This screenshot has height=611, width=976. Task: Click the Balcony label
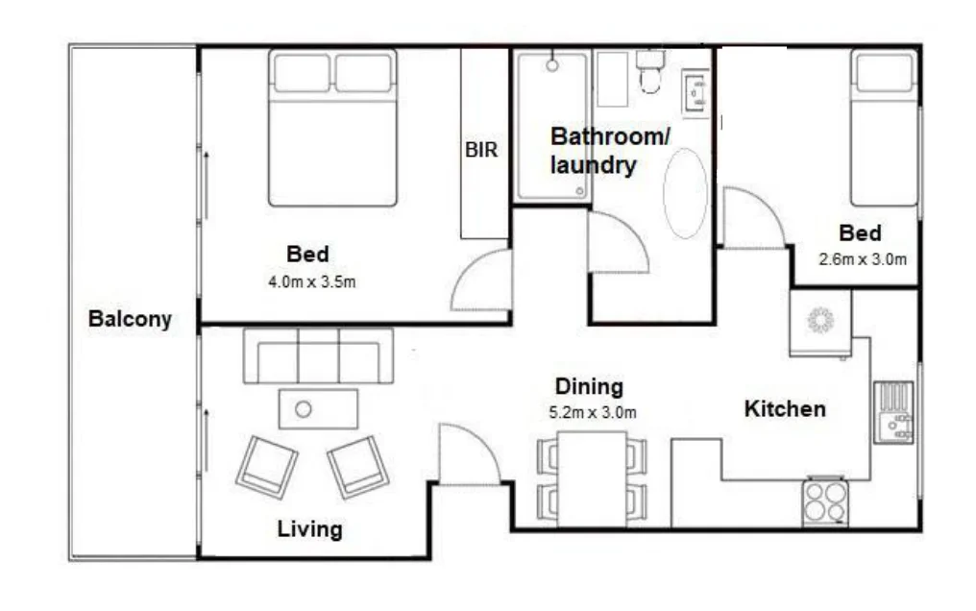click(130, 319)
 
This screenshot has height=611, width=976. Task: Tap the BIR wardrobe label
click(481, 150)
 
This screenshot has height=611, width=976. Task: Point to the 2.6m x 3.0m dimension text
click(862, 258)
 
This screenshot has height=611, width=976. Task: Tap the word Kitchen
click(785, 409)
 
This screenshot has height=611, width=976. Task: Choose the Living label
click(309, 529)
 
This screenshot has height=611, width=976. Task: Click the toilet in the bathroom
click(650, 72)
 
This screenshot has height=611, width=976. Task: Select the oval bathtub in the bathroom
click(685, 193)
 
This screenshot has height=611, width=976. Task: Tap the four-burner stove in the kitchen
click(825, 502)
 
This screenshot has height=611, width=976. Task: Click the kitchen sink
click(894, 412)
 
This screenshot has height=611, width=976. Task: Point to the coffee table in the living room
click(318, 409)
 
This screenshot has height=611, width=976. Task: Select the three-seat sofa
click(318, 356)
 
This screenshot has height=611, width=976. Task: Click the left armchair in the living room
click(266, 467)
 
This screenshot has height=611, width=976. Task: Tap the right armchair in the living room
click(357, 467)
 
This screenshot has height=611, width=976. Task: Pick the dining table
click(591, 477)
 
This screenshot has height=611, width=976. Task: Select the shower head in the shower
click(552, 65)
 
